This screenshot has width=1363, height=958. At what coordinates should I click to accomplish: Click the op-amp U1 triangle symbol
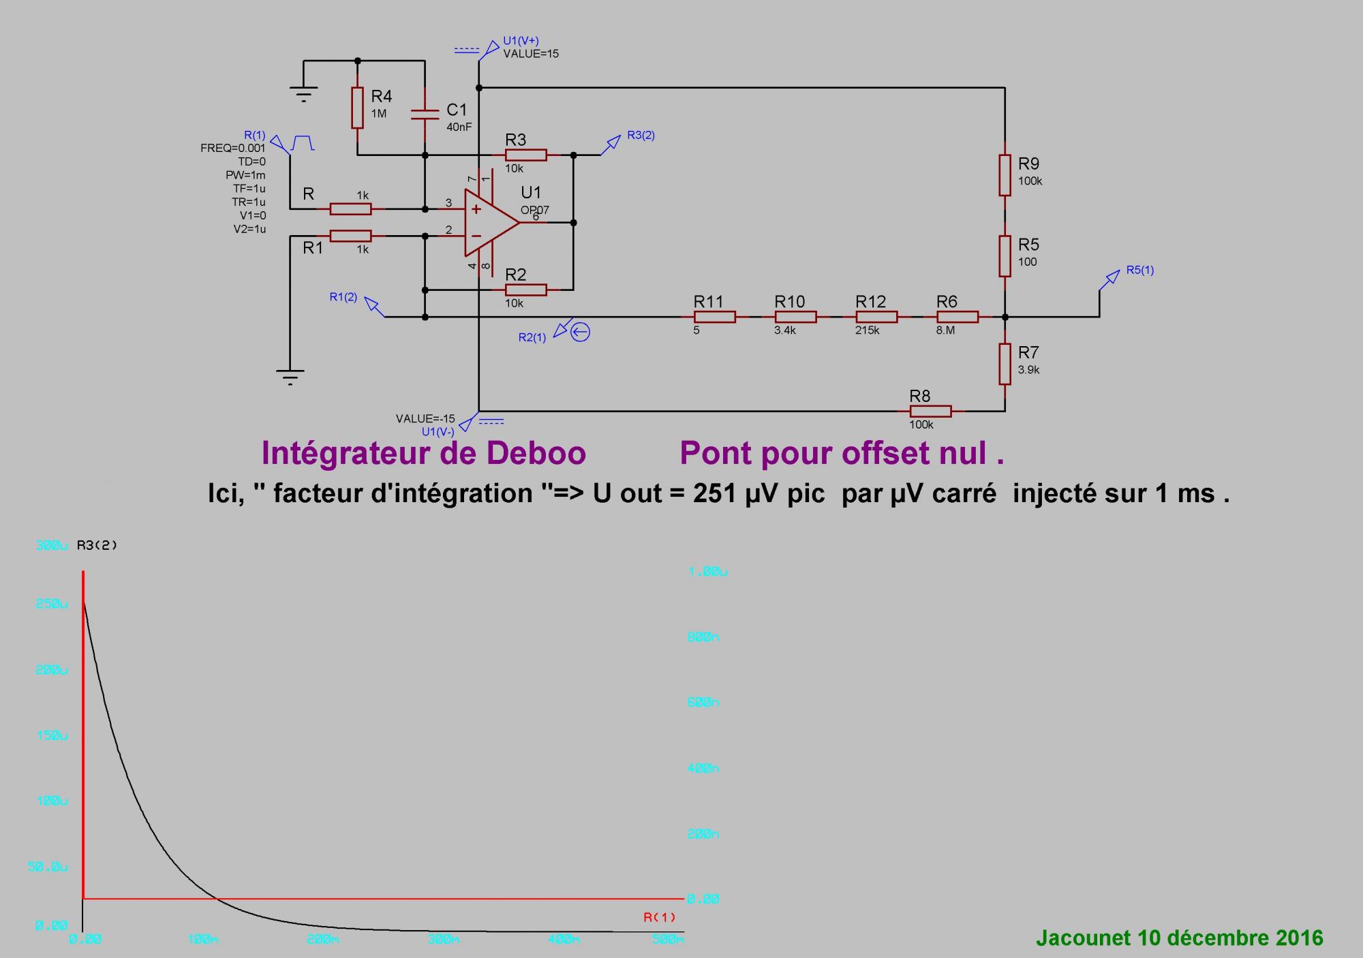tap(489, 223)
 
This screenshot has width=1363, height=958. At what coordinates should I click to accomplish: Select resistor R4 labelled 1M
tap(357, 108)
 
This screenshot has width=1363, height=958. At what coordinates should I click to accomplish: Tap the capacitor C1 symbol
tap(425, 113)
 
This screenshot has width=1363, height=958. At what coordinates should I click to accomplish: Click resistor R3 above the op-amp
tap(525, 155)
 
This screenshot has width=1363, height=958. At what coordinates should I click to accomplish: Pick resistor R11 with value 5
tap(714, 317)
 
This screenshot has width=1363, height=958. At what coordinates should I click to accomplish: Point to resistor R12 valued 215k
tap(876, 317)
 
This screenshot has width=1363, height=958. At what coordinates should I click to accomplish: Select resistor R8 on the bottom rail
tap(930, 412)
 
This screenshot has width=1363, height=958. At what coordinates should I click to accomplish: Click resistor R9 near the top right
tap(1005, 175)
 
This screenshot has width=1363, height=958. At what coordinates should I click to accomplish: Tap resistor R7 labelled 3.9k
tap(1005, 364)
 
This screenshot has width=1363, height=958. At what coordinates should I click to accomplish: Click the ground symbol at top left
tap(303, 93)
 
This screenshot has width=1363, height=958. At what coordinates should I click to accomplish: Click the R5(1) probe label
tap(1139, 270)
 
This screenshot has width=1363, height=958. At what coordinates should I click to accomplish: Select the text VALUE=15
tap(531, 54)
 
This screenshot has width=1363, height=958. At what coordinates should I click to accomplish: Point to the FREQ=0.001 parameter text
tap(233, 148)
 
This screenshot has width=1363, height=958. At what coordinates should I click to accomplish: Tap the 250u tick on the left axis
tap(52, 604)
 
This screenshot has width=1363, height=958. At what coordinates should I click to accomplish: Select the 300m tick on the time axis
tap(443, 940)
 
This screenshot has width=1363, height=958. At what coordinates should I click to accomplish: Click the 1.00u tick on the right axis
tap(708, 572)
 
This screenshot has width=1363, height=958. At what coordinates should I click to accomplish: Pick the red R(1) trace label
tap(659, 917)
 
